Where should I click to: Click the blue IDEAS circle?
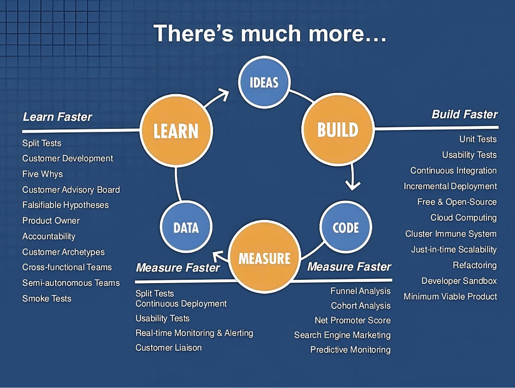264,82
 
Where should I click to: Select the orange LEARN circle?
176,131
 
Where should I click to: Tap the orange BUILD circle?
338,129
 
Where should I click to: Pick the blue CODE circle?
346,227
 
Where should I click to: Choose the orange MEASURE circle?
264,258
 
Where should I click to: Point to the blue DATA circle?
186,227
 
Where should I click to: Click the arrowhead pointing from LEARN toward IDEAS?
224,95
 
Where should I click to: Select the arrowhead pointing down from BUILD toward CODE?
353,184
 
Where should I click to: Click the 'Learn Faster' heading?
57,117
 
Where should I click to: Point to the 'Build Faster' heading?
464,114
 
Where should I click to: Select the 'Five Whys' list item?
42,174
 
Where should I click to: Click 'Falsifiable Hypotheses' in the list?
65,205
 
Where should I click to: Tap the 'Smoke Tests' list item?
47,298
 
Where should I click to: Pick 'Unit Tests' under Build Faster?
478,139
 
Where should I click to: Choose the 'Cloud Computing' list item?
464,218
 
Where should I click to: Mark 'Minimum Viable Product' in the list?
450,297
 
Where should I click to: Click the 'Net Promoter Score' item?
352,320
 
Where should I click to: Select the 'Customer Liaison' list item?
168,347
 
